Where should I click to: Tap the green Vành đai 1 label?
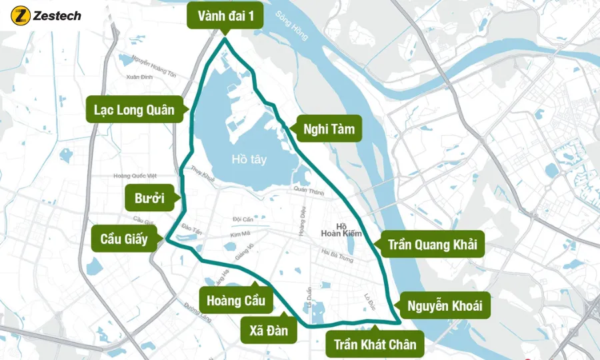[225, 17]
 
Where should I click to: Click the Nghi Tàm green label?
[328, 129]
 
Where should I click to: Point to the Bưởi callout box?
[149, 198]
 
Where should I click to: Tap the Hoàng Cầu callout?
[236, 300]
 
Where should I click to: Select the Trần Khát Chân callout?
[375, 344]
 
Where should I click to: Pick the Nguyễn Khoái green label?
[445, 306]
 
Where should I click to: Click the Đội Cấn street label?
[243, 219]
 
